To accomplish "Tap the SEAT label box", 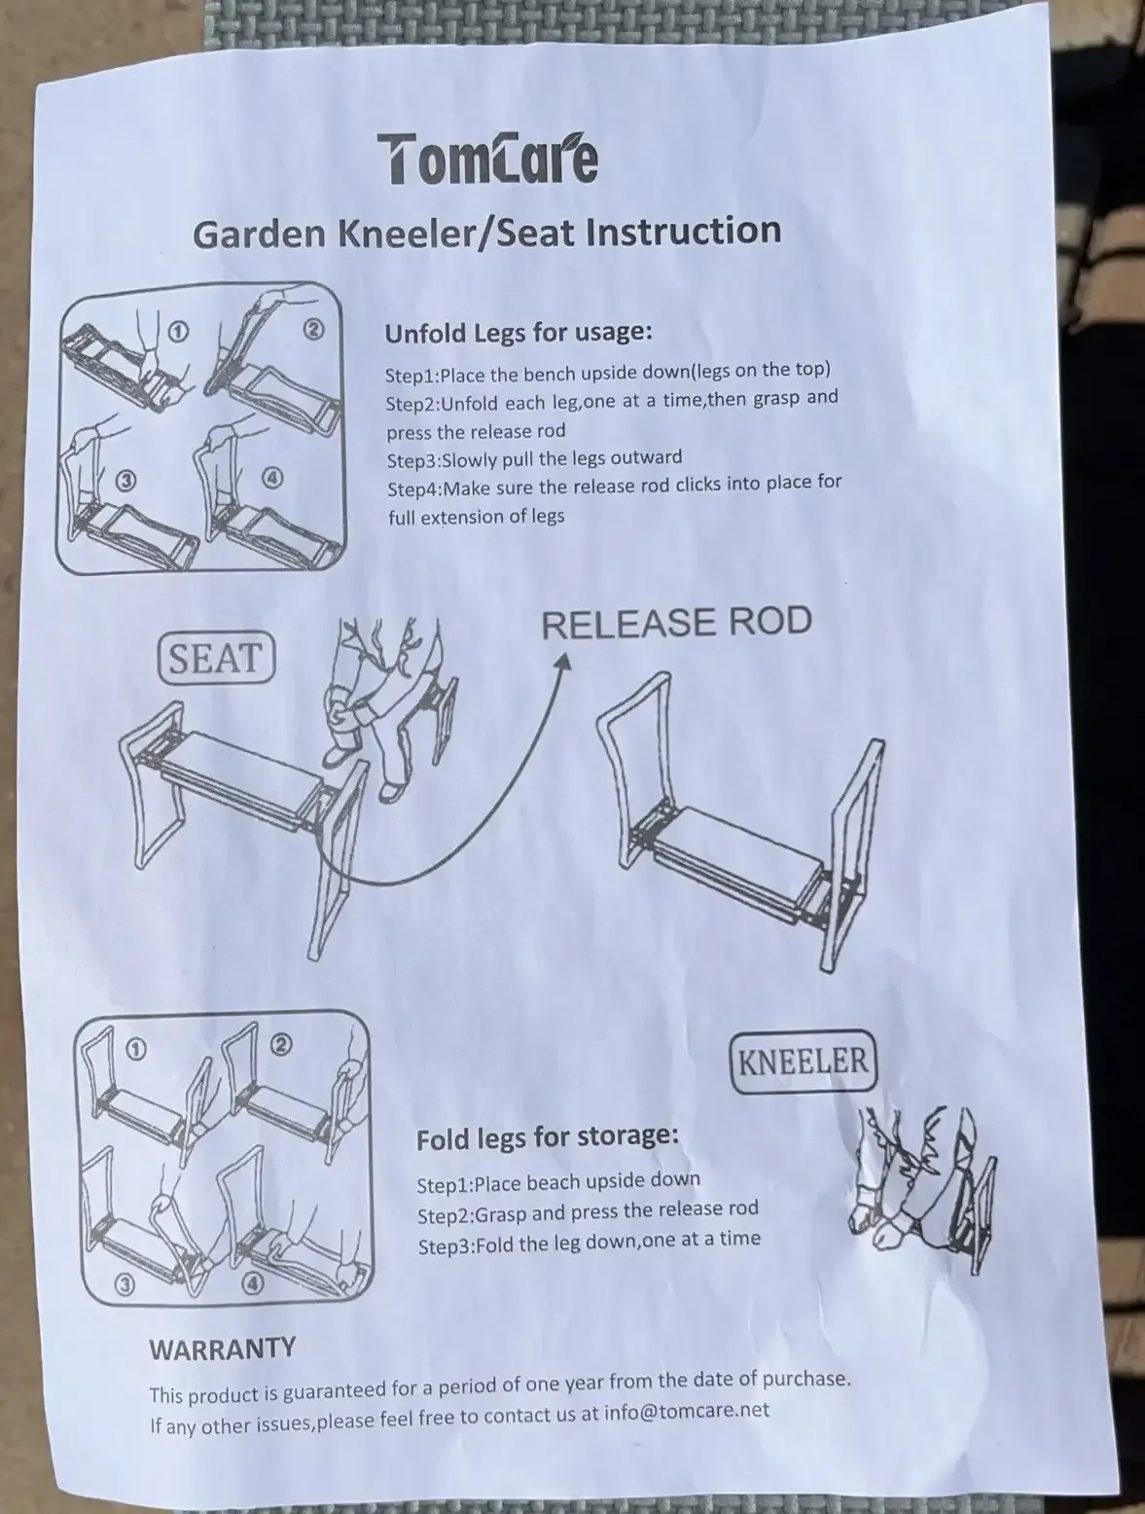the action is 217,659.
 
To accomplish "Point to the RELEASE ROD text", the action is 677,622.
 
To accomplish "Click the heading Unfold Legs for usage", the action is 519,333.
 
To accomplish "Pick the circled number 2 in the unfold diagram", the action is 314,331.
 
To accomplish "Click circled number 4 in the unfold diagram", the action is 273,478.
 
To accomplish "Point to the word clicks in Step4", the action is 703,485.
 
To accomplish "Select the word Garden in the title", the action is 260,234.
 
